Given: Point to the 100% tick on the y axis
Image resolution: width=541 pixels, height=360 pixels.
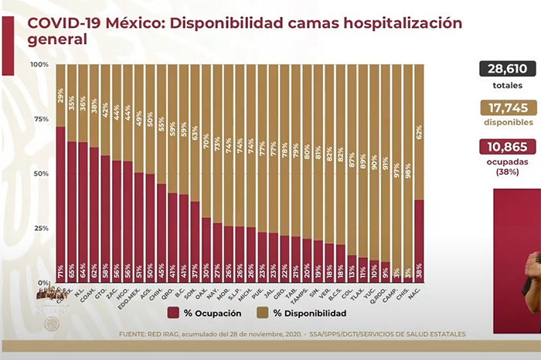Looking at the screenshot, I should pyautogui.click(x=39, y=65).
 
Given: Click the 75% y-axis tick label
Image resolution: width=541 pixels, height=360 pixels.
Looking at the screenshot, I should pyautogui.click(x=41, y=119).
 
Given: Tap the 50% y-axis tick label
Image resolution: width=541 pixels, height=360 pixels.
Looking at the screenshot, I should pyautogui.click(x=41, y=174).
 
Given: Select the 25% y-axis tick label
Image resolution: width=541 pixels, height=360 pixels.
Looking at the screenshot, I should pyautogui.click(x=41, y=229).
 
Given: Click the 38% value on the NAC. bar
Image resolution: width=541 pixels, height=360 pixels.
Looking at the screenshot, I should pyautogui.click(x=419, y=273).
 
